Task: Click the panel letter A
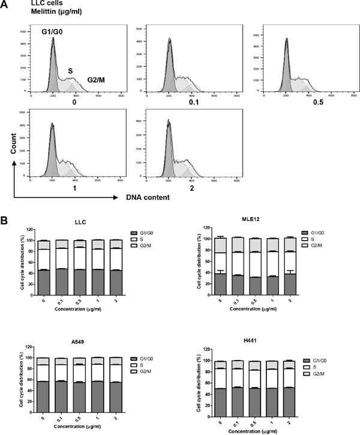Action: pos(5,5)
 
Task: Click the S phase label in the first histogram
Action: pos(70,71)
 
